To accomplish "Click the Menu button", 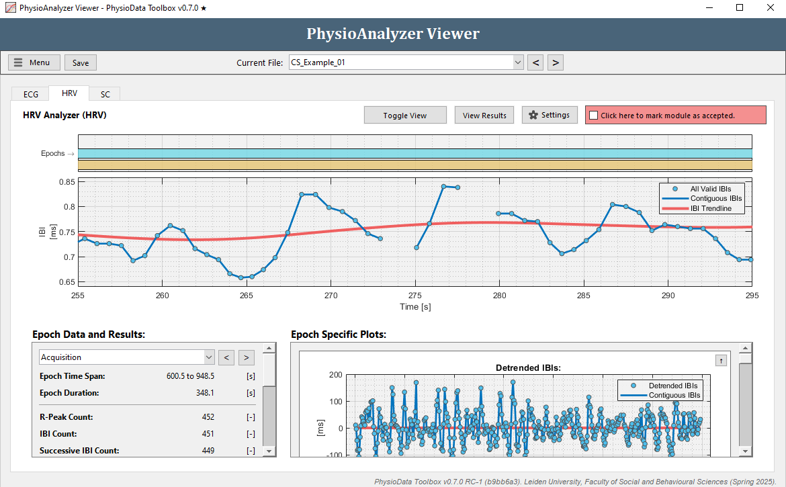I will pos(34,62).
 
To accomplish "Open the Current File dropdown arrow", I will pos(517,62).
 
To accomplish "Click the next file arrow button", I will pos(555,62).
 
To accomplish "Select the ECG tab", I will pos(31,94).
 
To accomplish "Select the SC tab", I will pos(105,94).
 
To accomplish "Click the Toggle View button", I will pos(405,116).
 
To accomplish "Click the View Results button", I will pos(484,116).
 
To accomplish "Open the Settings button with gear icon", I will pos(550,115).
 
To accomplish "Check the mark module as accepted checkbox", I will pos(593,116).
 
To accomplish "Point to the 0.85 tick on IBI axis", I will pos(67,181).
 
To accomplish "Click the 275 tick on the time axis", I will pos(415,295).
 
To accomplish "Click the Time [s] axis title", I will pos(415,306).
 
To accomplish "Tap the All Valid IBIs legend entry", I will pos(711,189).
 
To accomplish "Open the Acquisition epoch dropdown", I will pos(208,357).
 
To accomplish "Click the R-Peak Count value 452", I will pos(208,417).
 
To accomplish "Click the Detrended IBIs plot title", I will pos(528,368).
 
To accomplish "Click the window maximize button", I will pos(740,7).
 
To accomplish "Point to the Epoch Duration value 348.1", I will pos(206,393).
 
